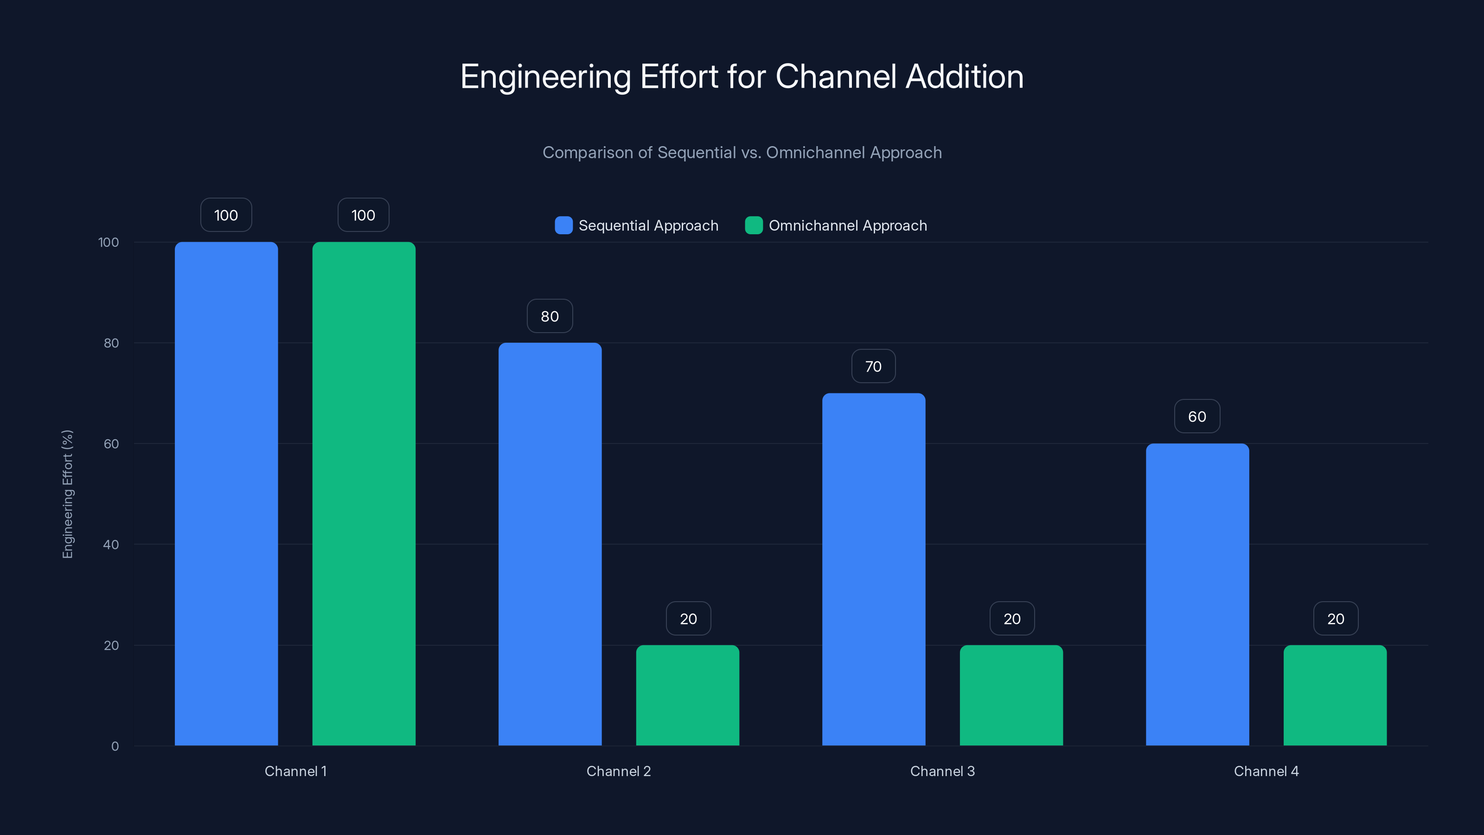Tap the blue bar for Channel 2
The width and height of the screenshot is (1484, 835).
click(x=550, y=544)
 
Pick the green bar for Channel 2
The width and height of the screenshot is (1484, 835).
click(x=687, y=695)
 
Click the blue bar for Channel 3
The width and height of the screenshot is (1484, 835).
click(x=873, y=569)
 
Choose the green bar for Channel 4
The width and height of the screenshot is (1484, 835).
click(x=1335, y=695)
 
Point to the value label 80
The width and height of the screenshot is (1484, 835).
click(x=550, y=316)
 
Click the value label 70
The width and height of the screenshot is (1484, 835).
click(x=873, y=366)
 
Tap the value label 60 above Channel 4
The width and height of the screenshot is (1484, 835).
click(x=1197, y=417)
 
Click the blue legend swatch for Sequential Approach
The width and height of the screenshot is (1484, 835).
click(x=563, y=225)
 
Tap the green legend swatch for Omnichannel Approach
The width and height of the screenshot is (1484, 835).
click(x=754, y=225)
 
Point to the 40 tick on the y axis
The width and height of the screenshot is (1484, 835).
click(x=111, y=545)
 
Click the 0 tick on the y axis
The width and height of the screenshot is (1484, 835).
click(x=115, y=746)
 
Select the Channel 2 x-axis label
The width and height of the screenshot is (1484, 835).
click(x=618, y=771)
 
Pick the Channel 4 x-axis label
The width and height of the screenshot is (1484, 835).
click(x=1266, y=771)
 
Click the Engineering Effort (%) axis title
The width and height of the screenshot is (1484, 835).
click(x=67, y=494)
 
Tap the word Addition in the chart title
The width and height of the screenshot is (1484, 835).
click(x=965, y=77)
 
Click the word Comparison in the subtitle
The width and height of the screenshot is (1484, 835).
click(x=587, y=153)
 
